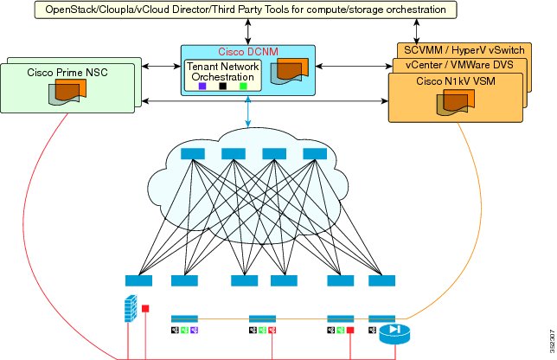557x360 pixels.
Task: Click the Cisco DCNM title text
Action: coord(248,52)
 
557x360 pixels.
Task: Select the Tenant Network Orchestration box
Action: coord(223,75)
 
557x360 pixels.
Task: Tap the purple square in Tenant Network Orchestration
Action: coord(202,86)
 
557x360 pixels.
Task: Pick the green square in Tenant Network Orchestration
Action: coord(243,86)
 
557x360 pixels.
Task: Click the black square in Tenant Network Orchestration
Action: coord(223,86)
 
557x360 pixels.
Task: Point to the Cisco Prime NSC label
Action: coord(67,73)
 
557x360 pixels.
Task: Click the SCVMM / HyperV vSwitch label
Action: coord(464,50)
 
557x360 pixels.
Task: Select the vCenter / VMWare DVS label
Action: coord(459,65)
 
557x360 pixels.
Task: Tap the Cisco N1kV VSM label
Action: coord(456,81)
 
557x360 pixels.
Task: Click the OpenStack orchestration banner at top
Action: coord(246,10)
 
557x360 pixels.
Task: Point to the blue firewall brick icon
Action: coord(131,308)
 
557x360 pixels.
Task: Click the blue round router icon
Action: coord(394,334)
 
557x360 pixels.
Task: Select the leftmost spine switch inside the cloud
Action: coord(193,154)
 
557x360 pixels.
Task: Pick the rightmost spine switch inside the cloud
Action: coord(315,154)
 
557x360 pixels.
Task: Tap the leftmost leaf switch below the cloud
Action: coord(138,280)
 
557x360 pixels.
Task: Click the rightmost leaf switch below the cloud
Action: coord(382,280)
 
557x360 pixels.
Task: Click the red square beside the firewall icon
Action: coord(145,308)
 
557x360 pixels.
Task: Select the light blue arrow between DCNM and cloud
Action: coord(248,112)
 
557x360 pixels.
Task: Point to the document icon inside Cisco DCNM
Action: coord(289,72)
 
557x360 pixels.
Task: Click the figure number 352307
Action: coord(553,342)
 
